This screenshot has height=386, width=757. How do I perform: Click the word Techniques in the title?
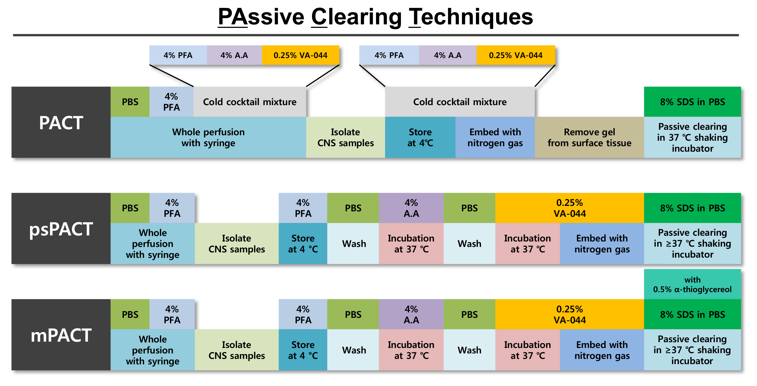coord(470,17)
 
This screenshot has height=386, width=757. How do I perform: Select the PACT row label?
coord(61,123)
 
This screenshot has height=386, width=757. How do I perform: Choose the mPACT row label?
coord(61,335)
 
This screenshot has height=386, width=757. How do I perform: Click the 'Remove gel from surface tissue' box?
coord(589,137)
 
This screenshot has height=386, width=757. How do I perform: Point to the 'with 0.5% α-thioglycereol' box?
coord(692,284)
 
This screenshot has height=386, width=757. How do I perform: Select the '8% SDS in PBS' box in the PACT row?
coord(692,102)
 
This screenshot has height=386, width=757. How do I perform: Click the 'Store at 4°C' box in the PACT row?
coord(420,137)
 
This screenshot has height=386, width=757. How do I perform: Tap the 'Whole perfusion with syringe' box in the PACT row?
coord(208,137)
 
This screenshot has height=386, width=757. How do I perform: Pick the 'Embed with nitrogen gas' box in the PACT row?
coord(495,137)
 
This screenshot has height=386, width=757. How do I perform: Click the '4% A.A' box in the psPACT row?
coord(411,208)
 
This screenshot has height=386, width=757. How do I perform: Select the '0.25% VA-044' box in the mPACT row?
coord(569,314)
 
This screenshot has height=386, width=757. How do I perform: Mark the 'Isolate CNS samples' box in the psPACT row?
coord(236,243)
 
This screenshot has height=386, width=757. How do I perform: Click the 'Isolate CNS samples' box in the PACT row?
coord(345,137)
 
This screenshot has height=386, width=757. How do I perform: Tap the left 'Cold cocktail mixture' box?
coord(250,102)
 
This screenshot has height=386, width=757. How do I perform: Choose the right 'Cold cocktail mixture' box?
coord(460,102)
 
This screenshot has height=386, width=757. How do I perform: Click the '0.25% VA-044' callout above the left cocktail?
coord(300,55)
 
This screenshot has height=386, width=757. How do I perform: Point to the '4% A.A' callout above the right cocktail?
coord(447,55)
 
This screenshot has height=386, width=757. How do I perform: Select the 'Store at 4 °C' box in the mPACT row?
coord(303,350)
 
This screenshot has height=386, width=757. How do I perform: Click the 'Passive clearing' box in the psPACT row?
coord(692,243)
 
